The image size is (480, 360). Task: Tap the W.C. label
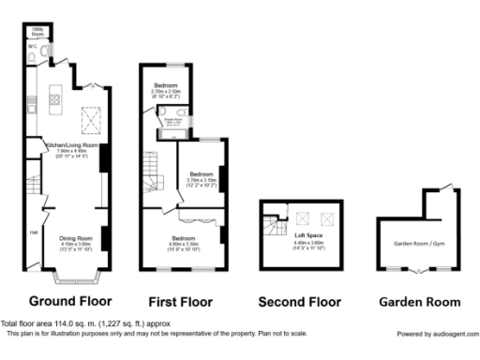pyautogui.click(x=32, y=45)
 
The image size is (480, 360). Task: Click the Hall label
pyautogui.click(x=33, y=232)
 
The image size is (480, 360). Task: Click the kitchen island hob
pyautogui.click(x=54, y=97)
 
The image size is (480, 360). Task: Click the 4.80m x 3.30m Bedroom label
pyautogui.click(x=184, y=238)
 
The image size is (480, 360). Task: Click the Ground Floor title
pyautogui.click(x=70, y=302)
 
